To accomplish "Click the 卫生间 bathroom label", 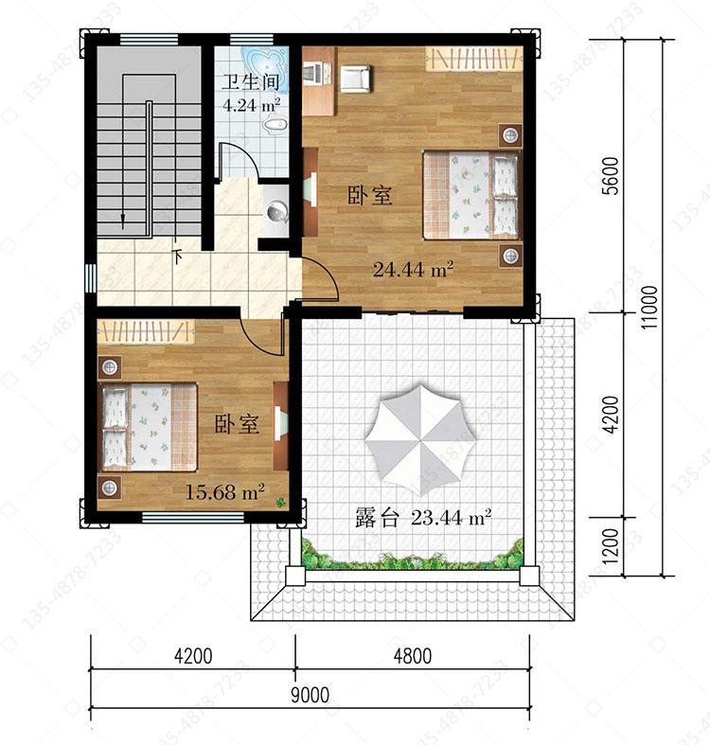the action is point(251,81).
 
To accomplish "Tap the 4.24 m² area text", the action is point(251,104).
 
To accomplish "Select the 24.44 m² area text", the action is point(413,270).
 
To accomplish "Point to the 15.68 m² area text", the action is point(224,491).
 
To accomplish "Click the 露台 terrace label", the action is point(377,518).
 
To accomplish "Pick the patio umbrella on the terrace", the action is point(420,439).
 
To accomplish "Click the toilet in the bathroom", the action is point(275,126).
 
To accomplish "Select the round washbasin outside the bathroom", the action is point(277,211).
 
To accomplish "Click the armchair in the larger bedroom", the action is point(354,78).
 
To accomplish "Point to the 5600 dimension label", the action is point(612,176).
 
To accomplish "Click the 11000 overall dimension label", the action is point(649,307).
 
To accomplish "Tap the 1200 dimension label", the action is point(612,546).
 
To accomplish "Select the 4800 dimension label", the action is point(413,656).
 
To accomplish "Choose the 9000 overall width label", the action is point(310,695).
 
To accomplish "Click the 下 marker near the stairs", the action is point(178,257).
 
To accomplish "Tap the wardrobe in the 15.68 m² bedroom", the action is point(146,330).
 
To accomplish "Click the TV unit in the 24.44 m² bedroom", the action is point(311,192).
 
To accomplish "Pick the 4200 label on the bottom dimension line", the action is point(193,656).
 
